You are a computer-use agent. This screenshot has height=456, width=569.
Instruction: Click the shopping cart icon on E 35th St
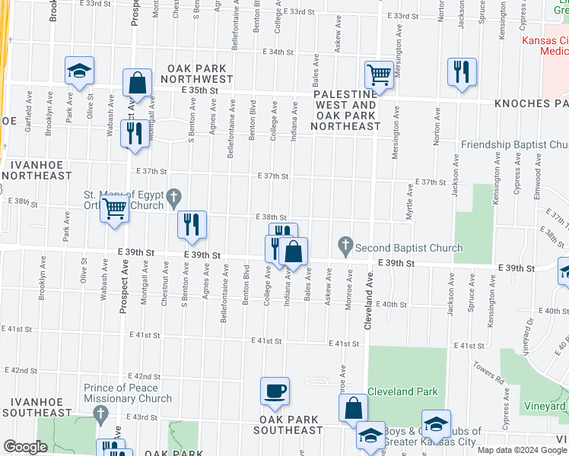pyautogui.click(x=378, y=74)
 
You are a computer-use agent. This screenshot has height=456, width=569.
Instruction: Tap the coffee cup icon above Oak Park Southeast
pyautogui.click(x=275, y=391)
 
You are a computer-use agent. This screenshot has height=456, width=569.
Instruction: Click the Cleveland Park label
pyautogui.click(x=402, y=392)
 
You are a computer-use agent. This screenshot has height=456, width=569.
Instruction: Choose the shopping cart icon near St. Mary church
pyautogui.click(x=114, y=207)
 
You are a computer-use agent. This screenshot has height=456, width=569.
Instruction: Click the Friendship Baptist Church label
pyautogui.click(x=514, y=144)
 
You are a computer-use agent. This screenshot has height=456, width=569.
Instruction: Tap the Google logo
pyautogui.click(x=25, y=448)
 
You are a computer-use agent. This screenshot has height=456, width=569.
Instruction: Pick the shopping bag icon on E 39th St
pyautogui.click(x=293, y=251)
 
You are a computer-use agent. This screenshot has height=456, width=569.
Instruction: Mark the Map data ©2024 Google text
pyautogui.click(x=521, y=450)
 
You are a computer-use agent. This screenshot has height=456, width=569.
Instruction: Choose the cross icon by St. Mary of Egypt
pyautogui.click(x=173, y=198)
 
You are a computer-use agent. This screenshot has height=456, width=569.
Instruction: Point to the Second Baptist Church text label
pyautogui.click(x=408, y=248)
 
